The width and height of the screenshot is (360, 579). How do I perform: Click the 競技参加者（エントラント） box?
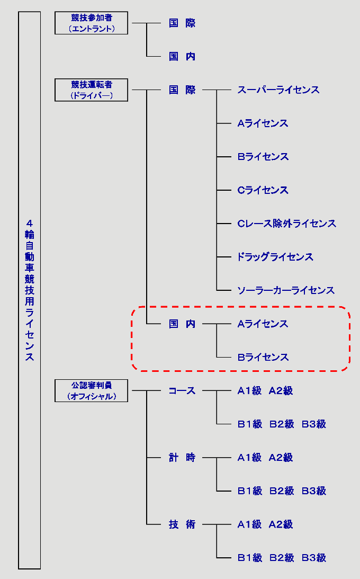coord(91,23)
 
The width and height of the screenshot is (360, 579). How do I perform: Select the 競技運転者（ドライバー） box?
coord(91,90)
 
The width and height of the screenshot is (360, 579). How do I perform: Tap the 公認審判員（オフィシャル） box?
coord(91,391)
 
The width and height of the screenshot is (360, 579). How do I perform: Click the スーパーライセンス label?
coord(278,90)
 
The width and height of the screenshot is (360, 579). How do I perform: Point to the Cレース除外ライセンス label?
coord(286,224)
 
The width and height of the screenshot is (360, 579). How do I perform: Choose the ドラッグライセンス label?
coord(275,257)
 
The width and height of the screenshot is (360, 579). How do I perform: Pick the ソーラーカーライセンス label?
coord(286,290)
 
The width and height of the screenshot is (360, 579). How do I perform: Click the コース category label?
coord(182,391)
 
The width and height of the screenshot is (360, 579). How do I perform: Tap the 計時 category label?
coord(182,458)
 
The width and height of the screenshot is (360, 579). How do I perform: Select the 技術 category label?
coord(182,524)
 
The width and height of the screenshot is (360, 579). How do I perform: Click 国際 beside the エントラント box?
coord(182,23)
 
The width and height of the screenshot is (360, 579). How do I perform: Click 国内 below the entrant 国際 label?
coord(182,57)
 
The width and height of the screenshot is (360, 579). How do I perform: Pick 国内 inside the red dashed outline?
coord(182,324)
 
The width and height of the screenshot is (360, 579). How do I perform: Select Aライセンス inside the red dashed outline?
coord(263,324)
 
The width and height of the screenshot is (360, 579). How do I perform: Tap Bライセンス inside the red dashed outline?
coord(263,357)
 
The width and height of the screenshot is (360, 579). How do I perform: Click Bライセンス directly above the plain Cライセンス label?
coord(263,157)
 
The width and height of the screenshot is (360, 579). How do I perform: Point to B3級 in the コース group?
coord(314,424)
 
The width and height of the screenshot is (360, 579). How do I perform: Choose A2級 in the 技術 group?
coord(281,524)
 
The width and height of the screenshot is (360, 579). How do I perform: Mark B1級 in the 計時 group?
coord(250,491)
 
